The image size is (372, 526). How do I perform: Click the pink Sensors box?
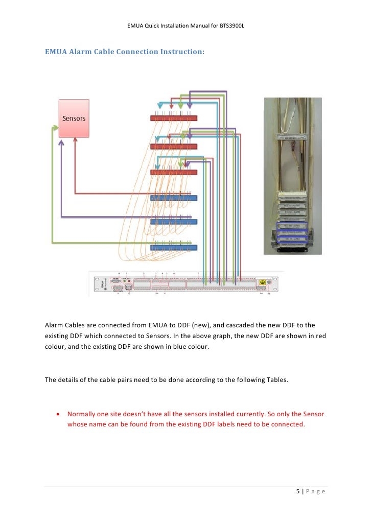tap(74, 118)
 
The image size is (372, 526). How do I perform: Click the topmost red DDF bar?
tap(174, 118)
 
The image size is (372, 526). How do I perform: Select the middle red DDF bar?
tap(174, 146)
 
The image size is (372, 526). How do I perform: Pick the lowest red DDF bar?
tap(174, 172)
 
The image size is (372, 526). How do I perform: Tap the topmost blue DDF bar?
tap(174, 198)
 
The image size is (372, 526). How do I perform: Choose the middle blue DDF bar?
tap(174, 222)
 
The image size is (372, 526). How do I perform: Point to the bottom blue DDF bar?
tap(174, 248)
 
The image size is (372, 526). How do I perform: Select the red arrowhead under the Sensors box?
tap(75, 141)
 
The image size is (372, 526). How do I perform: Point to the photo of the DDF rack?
tap(292, 176)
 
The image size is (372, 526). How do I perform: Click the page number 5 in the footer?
tap(298, 491)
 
